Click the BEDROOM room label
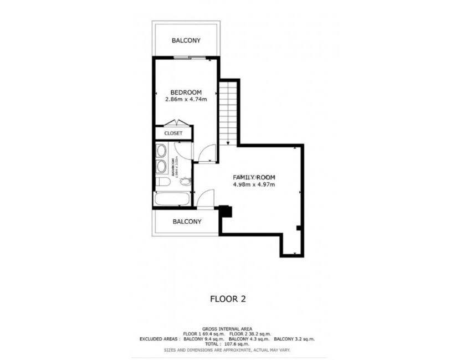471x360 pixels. pyautogui.click(x=186, y=92)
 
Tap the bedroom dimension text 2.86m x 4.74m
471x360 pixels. pyautogui.click(x=186, y=100)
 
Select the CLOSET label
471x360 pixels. pyautogui.click(x=173, y=133)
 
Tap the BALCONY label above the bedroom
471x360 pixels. pyautogui.click(x=186, y=41)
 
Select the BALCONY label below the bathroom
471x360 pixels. pyautogui.click(x=186, y=222)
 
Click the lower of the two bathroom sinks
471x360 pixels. pyautogui.click(x=161, y=166)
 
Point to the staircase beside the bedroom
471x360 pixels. pyautogui.click(x=228, y=111)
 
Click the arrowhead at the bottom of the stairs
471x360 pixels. pyautogui.click(x=228, y=143)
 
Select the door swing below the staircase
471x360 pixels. pyautogui.click(x=206, y=153)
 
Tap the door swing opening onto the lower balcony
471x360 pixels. pyautogui.click(x=206, y=198)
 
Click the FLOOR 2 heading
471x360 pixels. pyautogui.click(x=227, y=299)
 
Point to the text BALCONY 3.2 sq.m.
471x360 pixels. pyautogui.click(x=294, y=339)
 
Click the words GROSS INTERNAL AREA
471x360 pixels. pyautogui.click(x=227, y=328)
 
